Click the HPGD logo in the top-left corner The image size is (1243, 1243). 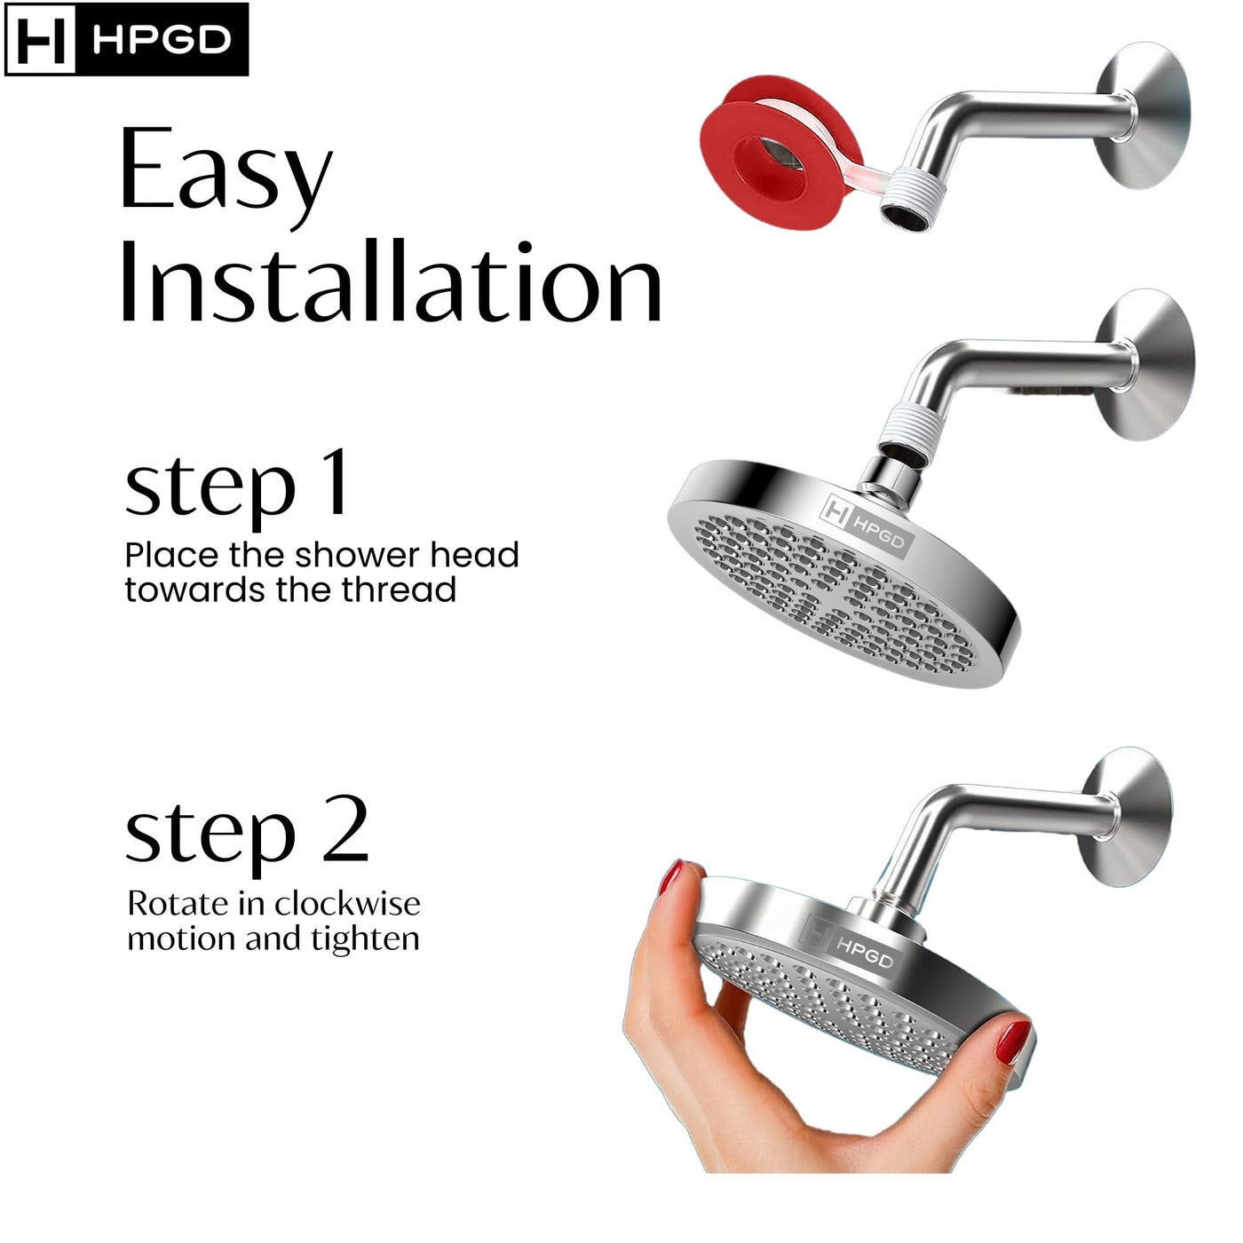(126, 39)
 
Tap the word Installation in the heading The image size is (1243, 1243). (392, 281)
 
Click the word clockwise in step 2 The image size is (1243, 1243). (344, 904)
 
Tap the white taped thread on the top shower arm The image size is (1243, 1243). (909, 190)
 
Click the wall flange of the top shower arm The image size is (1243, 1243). (1143, 116)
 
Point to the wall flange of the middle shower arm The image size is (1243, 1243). (1144, 364)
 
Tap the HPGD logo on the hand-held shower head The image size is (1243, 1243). (846, 945)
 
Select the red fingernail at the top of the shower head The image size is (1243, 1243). (671, 876)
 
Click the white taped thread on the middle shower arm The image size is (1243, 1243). (909, 427)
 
